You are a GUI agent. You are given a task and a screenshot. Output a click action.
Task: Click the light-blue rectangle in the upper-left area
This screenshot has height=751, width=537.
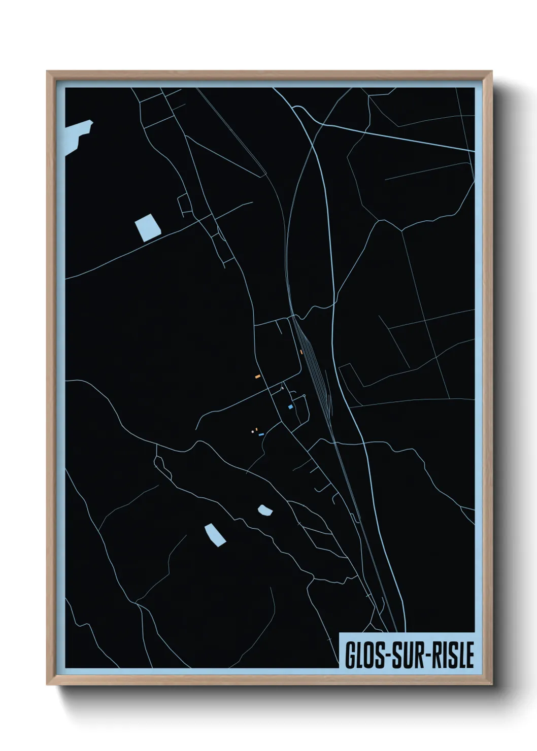point(148,227)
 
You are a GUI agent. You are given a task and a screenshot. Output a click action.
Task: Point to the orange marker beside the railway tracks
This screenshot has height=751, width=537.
point(301,352)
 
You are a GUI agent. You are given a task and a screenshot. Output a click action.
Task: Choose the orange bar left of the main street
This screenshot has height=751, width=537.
point(258,377)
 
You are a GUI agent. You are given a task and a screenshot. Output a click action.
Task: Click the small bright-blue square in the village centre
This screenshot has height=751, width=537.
point(290,407)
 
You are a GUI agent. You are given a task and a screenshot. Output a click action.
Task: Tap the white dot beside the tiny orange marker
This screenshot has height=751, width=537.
point(253,432)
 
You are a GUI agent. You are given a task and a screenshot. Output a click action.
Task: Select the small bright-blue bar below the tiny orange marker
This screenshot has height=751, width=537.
point(261,435)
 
